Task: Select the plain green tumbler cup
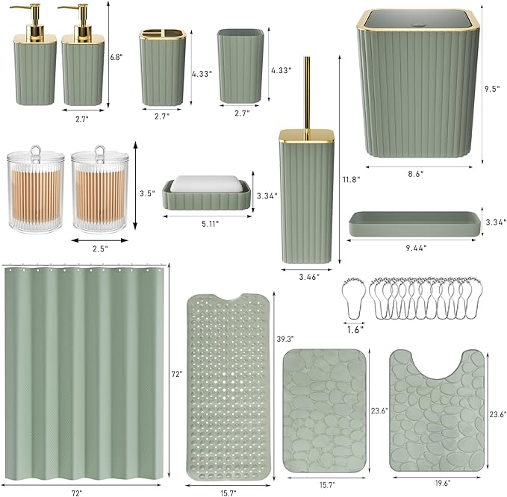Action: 240,67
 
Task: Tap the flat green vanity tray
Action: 412,225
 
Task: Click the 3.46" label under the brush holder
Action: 307,277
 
